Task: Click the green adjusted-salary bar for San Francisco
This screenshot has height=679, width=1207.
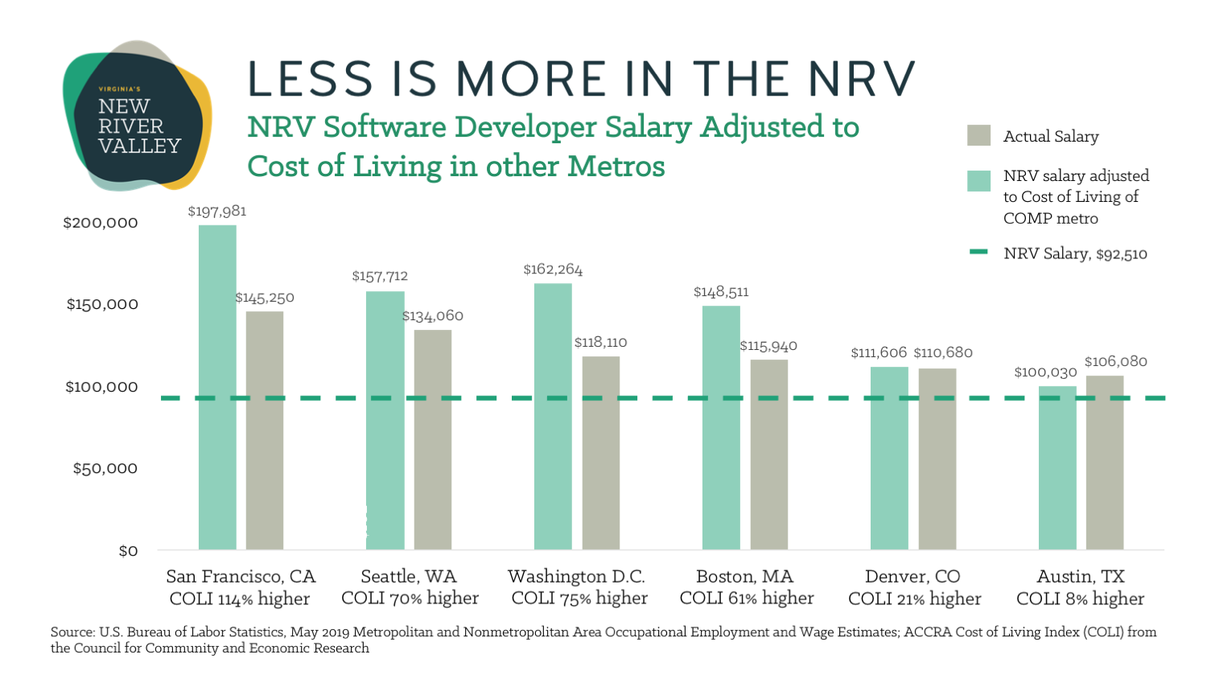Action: point(217,387)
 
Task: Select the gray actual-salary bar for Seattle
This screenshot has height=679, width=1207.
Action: point(433,439)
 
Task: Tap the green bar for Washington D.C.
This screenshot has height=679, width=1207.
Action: point(553,416)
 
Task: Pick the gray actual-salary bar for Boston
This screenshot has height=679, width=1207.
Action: point(769,455)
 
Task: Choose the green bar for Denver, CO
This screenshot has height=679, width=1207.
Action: point(889,458)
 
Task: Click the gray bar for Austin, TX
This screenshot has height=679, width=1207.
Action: point(1105,463)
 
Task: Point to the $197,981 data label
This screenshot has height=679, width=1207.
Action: point(217,212)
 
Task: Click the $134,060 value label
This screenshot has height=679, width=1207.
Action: point(433,316)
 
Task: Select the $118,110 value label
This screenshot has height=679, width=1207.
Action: point(600,343)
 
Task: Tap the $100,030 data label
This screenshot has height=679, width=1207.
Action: point(1045,372)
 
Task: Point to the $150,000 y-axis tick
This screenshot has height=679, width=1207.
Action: point(102,304)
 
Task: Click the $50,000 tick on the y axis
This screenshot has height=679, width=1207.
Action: point(105,468)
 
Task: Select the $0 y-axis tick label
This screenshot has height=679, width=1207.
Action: point(128,551)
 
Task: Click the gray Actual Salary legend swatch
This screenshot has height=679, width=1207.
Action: point(978,136)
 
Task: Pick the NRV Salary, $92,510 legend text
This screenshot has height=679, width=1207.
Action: point(1075,253)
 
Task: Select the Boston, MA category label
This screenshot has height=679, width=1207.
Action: point(744,576)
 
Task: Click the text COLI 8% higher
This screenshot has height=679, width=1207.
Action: point(1080,599)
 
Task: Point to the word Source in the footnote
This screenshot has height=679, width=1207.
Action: point(71,632)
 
